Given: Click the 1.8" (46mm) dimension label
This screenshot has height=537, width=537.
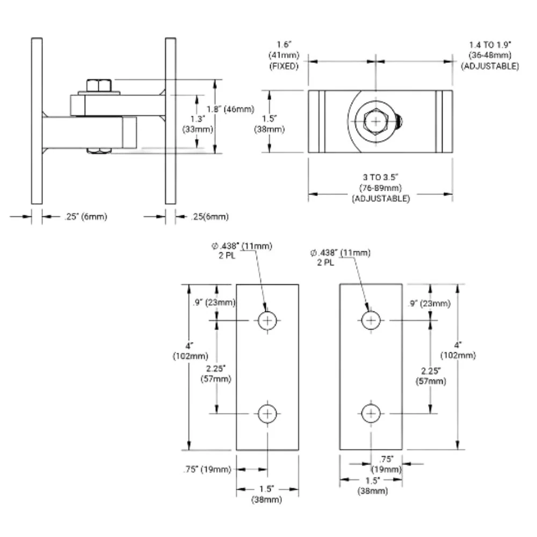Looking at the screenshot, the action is (x=230, y=109).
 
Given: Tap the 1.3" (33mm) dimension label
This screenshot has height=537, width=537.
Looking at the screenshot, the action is (x=198, y=124).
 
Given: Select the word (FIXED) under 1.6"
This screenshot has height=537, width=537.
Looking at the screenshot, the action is (x=284, y=66).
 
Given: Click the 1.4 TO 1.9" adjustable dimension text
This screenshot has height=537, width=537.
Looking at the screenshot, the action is (x=490, y=55).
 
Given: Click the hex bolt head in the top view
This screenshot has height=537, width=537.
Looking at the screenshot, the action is (x=376, y=121).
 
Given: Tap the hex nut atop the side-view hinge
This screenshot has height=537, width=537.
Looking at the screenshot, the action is (x=99, y=85).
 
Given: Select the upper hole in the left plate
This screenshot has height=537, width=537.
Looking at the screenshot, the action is (x=267, y=321).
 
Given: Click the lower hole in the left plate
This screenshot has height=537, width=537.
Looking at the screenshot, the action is (x=267, y=413).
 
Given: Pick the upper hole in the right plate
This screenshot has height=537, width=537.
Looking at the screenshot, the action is (x=371, y=321).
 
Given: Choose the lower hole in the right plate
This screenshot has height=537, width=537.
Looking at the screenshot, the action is (x=371, y=413).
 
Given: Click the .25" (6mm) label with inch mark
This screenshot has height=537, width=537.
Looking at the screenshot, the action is (x=85, y=216).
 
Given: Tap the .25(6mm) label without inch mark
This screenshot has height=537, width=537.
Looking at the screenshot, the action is (x=210, y=216).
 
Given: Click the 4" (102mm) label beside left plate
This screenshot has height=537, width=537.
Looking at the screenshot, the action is (x=191, y=351).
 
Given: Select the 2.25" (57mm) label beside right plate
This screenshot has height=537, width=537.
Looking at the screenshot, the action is (x=431, y=376).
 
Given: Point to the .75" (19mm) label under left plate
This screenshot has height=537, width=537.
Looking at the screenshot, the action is (x=207, y=469).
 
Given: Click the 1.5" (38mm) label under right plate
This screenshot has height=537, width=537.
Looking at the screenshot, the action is (x=373, y=485).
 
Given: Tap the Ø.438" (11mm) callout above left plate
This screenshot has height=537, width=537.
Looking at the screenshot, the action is (x=242, y=250).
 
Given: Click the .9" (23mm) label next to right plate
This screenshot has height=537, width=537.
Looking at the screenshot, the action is (x=430, y=303).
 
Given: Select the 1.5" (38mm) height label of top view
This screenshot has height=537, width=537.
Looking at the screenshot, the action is (x=269, y=124).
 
